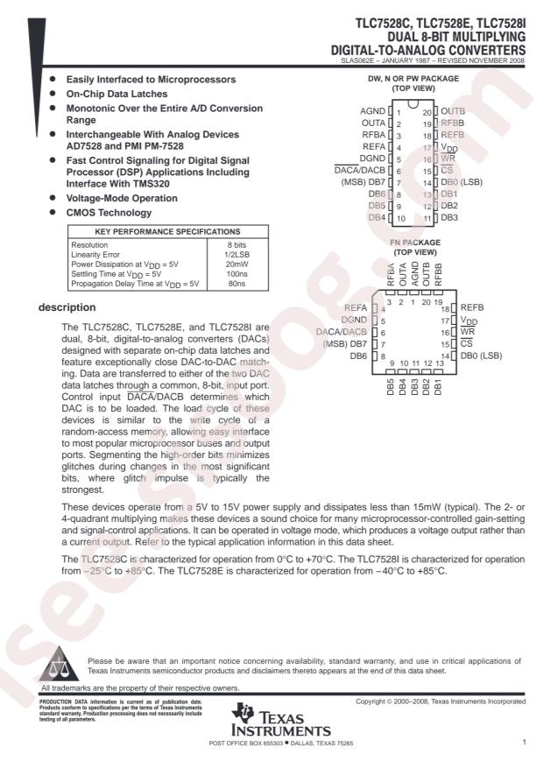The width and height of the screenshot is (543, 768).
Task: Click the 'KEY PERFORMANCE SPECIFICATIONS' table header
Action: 150,230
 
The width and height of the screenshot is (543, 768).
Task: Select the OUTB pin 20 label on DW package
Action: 453,112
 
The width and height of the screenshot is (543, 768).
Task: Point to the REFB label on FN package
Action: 473,308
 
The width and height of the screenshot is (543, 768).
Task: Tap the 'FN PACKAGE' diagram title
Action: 415,242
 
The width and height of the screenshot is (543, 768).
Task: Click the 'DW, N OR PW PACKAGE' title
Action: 415,79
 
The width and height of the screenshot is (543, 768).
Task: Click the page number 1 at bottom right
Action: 524,742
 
